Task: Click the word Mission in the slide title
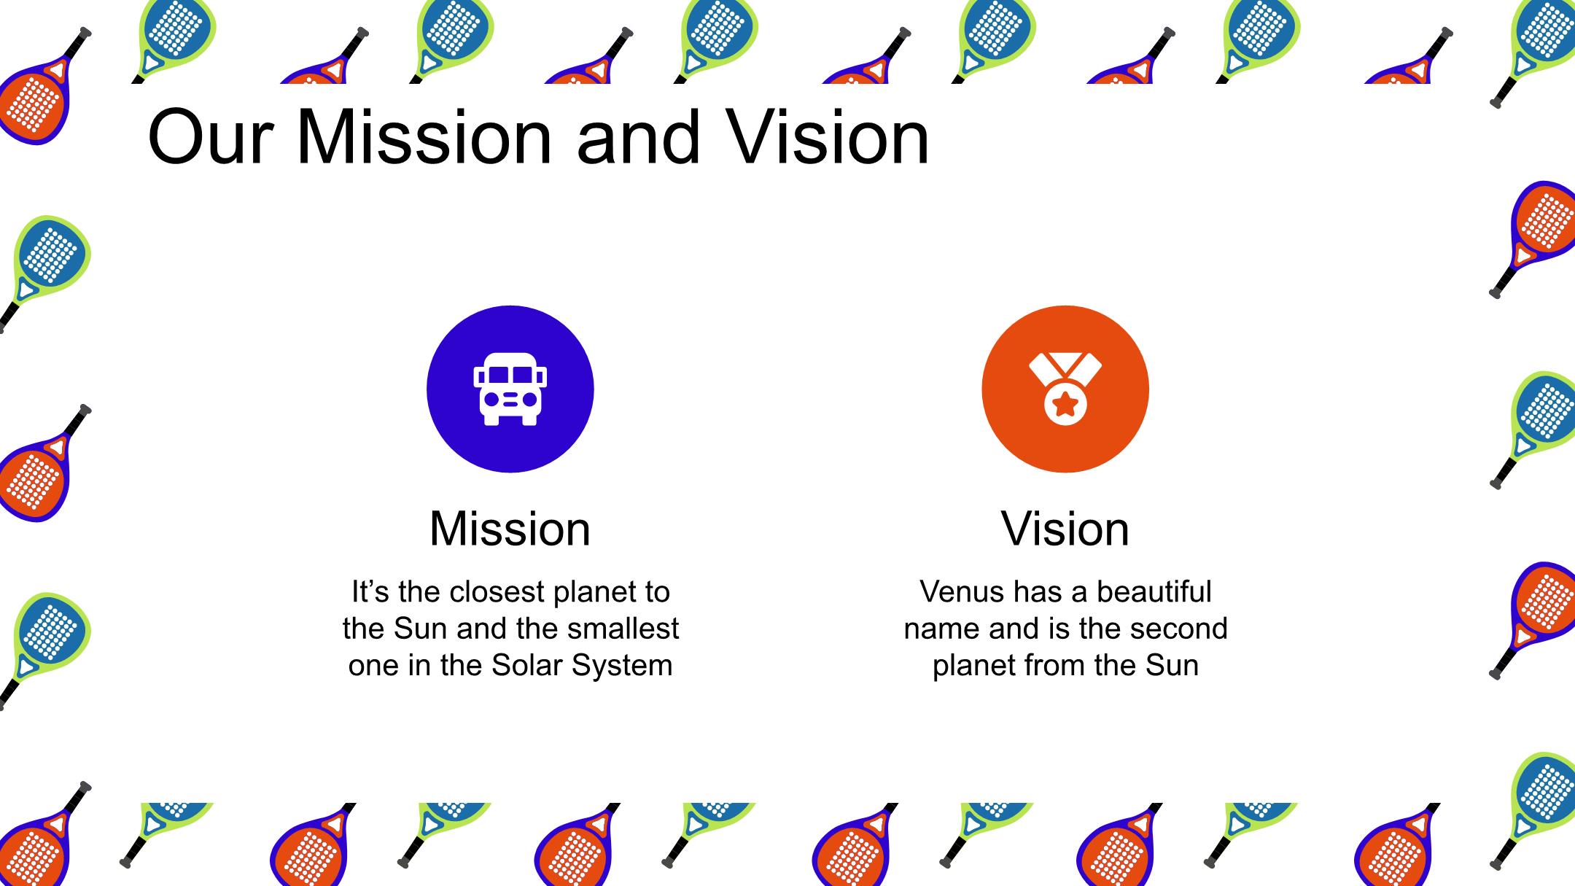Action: (x=424, y=137)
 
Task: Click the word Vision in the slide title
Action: (x=831, y=137)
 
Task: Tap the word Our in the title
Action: (x=209, y=137)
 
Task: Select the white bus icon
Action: (x=510, y=389)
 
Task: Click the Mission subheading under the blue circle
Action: (x=510, y=529)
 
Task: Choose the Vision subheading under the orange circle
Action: (x=1065, y=529)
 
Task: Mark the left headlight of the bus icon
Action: (x=492, y=400)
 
